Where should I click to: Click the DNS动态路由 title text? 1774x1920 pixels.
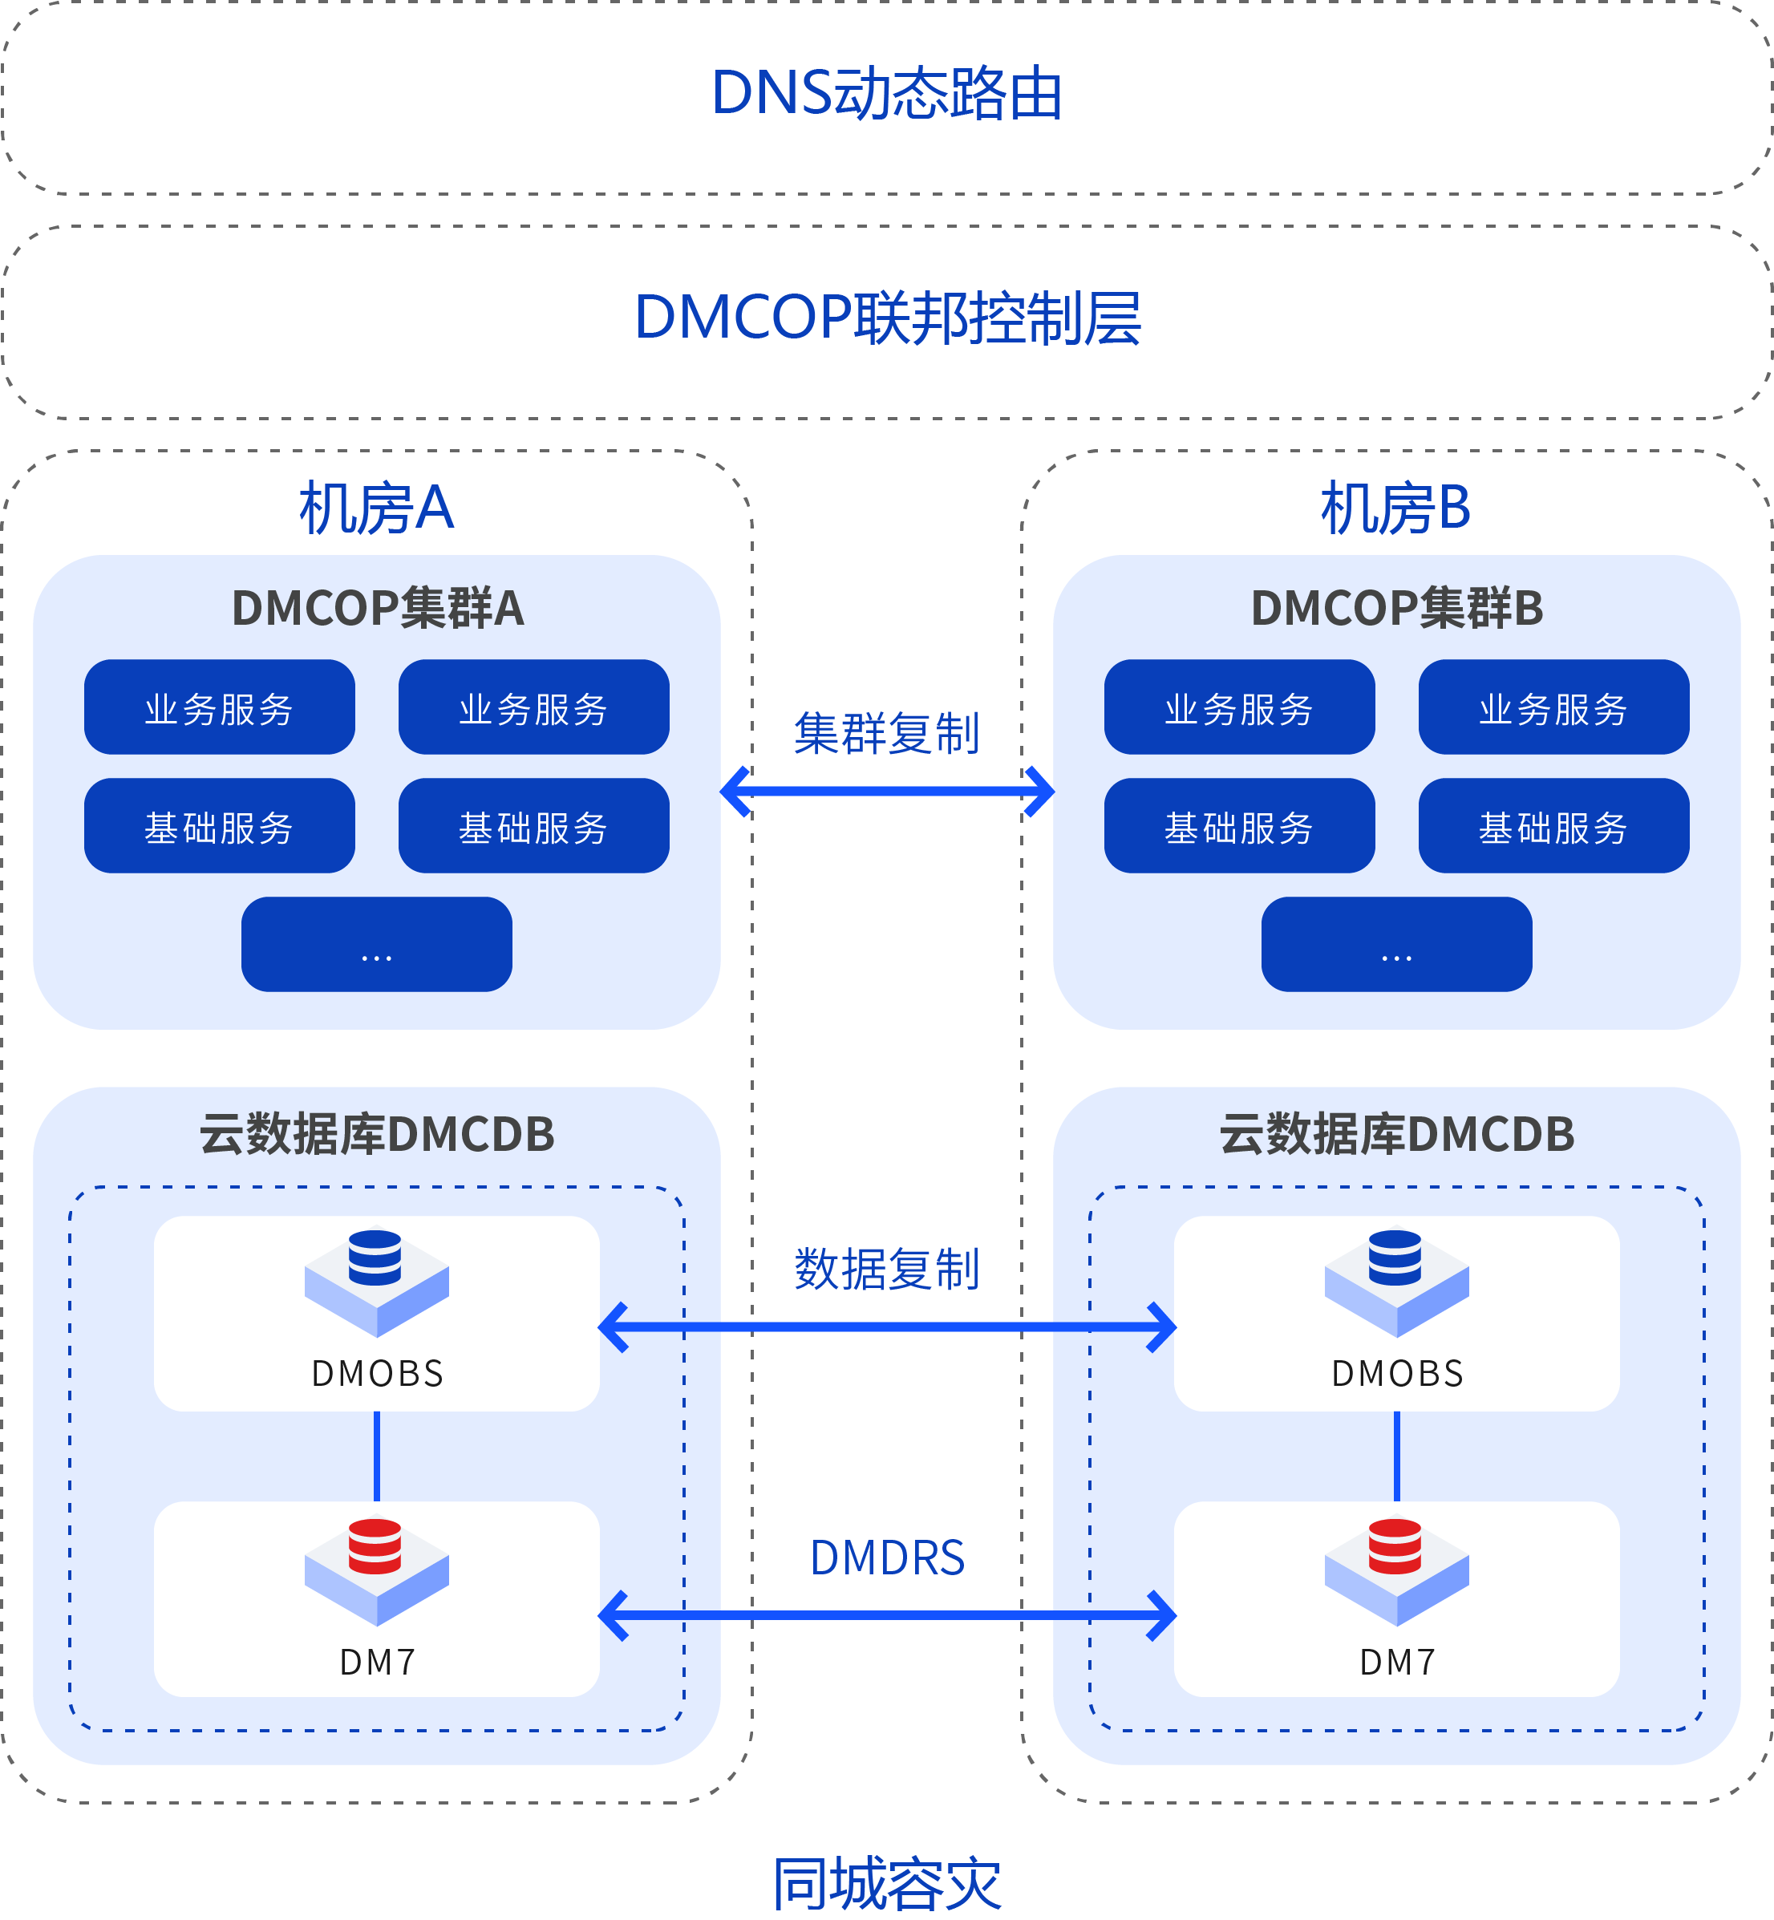(x=887, y=94)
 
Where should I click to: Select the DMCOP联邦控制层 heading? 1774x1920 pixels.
(x=887, y=318)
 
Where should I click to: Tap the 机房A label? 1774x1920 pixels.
(x=376, y=508)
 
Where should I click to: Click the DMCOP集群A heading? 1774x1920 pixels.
(x=377, y=609)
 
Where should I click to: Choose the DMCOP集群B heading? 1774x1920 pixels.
(x=1397, y=609)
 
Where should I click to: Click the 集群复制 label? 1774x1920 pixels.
(x=887, y=735)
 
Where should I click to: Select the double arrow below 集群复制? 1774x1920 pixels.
(x=887, y=791)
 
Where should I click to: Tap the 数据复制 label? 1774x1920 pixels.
(x=887, y=1269)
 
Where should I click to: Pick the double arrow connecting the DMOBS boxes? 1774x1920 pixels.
(x=887, y=1327)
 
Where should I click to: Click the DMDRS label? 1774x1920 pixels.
(x=887, y=1557)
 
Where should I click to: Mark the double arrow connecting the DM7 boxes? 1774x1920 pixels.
(x=887, y=1614)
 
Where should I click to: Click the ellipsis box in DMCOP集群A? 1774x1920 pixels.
(x=376, y=944)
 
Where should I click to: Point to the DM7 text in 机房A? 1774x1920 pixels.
(x=377, y=1662)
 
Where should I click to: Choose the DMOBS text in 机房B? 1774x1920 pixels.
(x=1397, y=1374)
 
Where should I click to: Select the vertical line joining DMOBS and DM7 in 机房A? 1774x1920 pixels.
(x=376, y=1456)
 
